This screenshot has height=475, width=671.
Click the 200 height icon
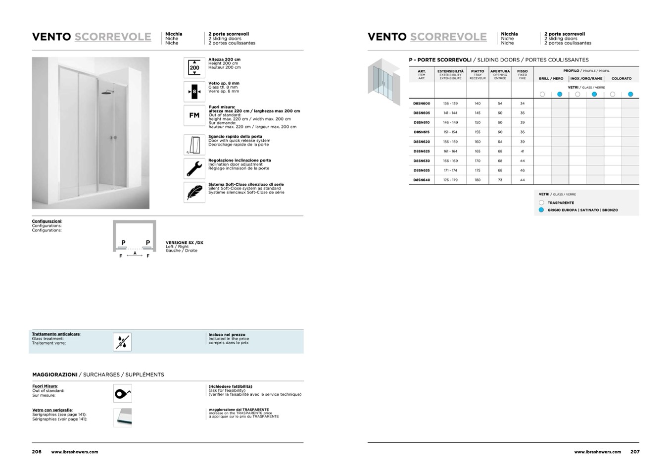click(x=194, y=67)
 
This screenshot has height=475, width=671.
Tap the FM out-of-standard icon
click(x=194, y=115)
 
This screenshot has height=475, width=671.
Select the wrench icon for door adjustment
click(x=194, y=168)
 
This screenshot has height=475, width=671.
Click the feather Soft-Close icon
click(x=194, y=192)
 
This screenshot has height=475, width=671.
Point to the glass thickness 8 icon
click(x=194, y=92)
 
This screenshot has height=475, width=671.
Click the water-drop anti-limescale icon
click(x=122, y=342)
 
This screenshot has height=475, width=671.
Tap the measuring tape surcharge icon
click(x=122, y=394)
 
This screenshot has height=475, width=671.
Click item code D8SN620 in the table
click(x=422, y=142)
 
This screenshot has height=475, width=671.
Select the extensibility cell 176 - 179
click(x=450, y=180)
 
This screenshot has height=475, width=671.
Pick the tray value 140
click(x=478, y=104)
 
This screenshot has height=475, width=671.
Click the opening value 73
click(x=500, y=180)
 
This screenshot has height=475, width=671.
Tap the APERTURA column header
click(x=500, y=71)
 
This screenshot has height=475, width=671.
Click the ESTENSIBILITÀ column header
click(x=450, y=71)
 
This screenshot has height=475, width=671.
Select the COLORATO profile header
click(x=621, y=78)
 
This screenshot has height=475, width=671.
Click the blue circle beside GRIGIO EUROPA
click(x=541, y=210)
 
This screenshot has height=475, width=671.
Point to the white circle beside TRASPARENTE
click(x=541, y=203)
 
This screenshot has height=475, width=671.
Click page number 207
click(x=635, y=452)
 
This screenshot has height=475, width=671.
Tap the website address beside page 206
click(x=75, y=452)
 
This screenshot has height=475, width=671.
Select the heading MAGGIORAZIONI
click(x=55, y=374)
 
